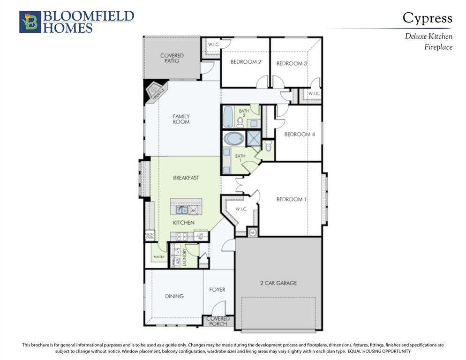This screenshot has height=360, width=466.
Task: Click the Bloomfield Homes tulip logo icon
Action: (x=30, y=22)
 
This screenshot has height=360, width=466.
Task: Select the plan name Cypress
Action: (x=427, y=18)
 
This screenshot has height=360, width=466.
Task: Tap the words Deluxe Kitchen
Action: (x=428, y=36)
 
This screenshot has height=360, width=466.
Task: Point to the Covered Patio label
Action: (x=172, y=58)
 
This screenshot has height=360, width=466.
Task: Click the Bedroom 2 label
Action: (x=246, y=62)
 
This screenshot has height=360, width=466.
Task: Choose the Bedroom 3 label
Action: (x=292, y=63)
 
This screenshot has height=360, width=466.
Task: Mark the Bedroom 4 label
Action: (x=300, y=135)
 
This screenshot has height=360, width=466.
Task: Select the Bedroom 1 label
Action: (x=292, y=199)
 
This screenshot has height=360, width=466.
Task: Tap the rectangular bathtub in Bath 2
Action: (x=228, y=117)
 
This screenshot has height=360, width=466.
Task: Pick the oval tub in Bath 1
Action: (x=233, y=139)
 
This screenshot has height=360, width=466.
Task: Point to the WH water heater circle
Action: (x=252, y=232)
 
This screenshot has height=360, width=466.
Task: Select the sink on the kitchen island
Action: (x=182, y=210)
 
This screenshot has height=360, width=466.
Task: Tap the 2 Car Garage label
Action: (x=278, y=283)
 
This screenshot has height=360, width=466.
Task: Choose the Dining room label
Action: (x=174, y=296)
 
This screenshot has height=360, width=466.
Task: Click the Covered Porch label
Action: (x=218, y=321)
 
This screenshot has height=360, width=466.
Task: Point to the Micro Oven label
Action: (x=150, y=236)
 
